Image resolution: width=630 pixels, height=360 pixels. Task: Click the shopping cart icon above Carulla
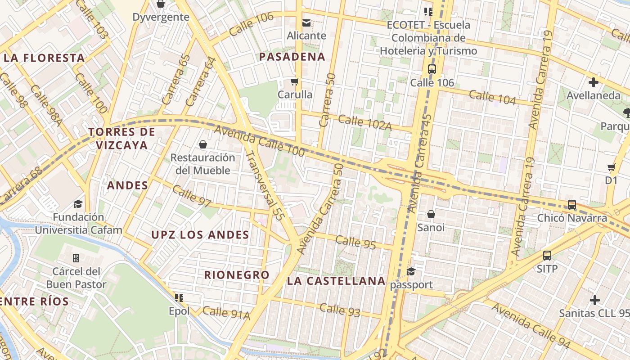[x=295, y=82]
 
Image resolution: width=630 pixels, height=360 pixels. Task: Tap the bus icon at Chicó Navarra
[x=572, y=205]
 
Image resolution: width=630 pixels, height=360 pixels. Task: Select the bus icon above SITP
[x=547, y=256]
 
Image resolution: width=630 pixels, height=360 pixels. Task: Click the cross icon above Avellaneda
[x=594, y=82]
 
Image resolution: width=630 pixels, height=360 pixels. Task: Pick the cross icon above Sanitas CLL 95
[x=595, y=300]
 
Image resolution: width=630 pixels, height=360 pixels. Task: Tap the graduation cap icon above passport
[x=411, y=271]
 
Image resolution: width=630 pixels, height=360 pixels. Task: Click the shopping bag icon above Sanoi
[x=431, y=214]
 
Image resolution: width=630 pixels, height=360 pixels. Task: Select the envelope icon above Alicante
[x=306, y=22]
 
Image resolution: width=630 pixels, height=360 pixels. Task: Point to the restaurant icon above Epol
[x=179, y=297]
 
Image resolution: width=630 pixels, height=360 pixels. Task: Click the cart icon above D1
[x=611, y=167]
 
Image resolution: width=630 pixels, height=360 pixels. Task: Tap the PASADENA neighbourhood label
[x=292, y=57]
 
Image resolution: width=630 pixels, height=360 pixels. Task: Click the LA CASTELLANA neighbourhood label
[x=336, y=281]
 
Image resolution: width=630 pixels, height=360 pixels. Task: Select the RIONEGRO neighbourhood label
[x=237, y=275]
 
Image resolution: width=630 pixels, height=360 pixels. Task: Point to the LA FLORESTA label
[x=44, y=58]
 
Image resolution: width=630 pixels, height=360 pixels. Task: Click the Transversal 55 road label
[x=265, y=185]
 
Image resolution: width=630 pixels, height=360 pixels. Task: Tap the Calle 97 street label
[x=192, y=197]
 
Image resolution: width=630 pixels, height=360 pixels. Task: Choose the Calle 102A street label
[x=364, y=123]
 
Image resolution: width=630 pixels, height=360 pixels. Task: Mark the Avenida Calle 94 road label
[x=531, y=326]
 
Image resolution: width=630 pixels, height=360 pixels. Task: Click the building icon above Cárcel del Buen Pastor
[x=76, y=258]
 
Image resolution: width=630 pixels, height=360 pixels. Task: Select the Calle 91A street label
[x=226, y=313]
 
